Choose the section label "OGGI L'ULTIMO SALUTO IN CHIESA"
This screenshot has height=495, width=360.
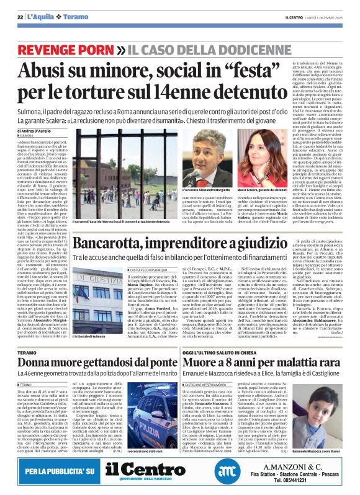click(236, 351)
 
